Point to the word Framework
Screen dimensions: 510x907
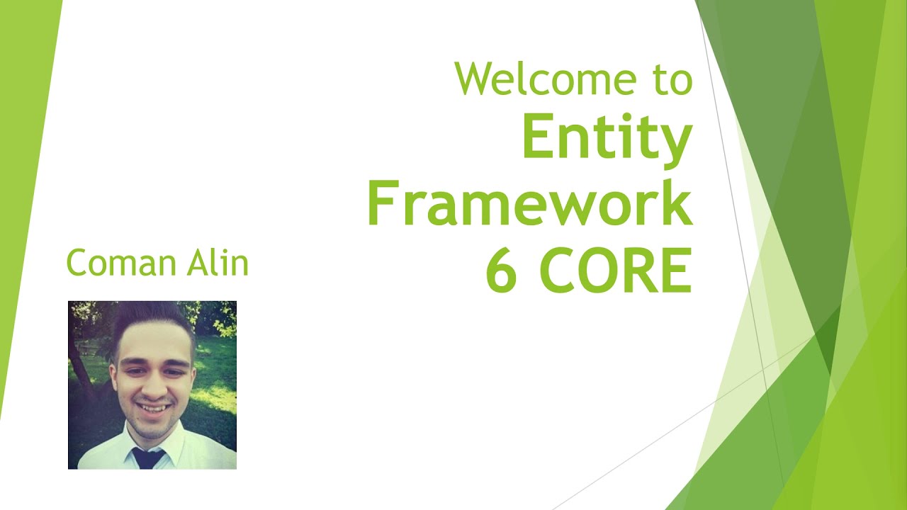click(529, 203)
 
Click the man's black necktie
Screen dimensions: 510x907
click(148, 458)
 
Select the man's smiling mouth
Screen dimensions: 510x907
click(151, 408)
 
